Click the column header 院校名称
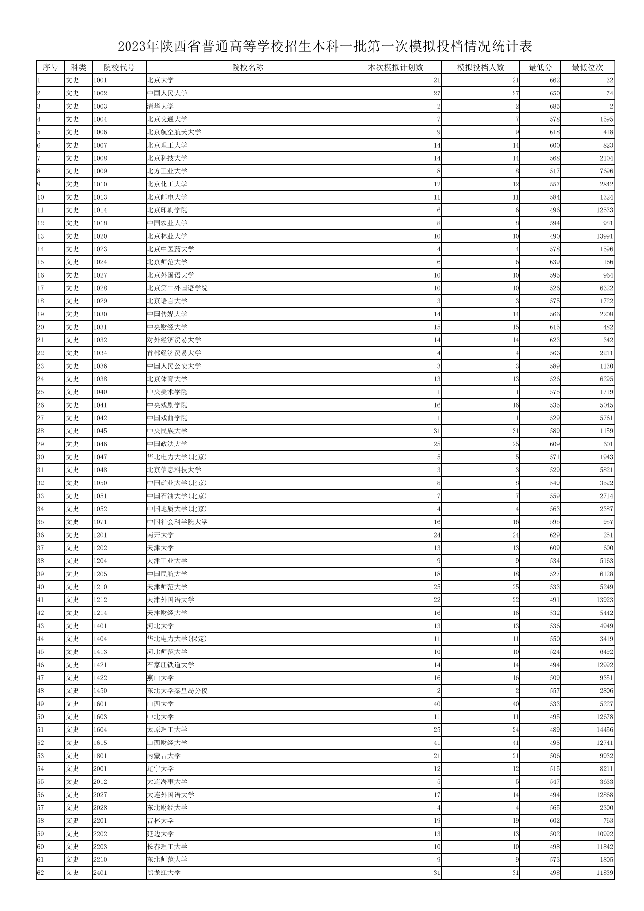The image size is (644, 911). (247, 67)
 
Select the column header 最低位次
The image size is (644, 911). (587, 67)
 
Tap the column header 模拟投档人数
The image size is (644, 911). (480, 67)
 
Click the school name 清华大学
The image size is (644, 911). (160, 106)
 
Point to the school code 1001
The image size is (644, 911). (100, 80)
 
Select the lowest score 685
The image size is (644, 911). (554, 106)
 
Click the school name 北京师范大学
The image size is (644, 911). (167, 262)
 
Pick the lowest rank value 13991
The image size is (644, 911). (604, 236)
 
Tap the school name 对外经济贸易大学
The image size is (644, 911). (174, 340)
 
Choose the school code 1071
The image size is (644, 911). (100, 522)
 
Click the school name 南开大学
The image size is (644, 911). (160, 535)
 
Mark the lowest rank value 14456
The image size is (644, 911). (604, 730)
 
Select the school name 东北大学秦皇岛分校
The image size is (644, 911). (177, 691)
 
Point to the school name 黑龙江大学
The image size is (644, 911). (164, 873)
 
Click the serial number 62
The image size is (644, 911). (40, 873)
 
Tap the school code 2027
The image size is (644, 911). (100, 795)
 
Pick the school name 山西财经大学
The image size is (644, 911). (167, 743)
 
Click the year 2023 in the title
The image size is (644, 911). (132, 47)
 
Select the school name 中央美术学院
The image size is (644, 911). (167, 392)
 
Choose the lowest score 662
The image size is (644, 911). (554, 80)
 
